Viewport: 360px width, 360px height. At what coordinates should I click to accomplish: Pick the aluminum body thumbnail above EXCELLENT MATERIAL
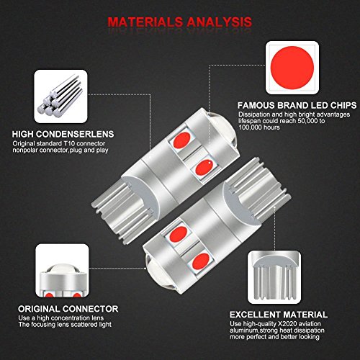point(279,277)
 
